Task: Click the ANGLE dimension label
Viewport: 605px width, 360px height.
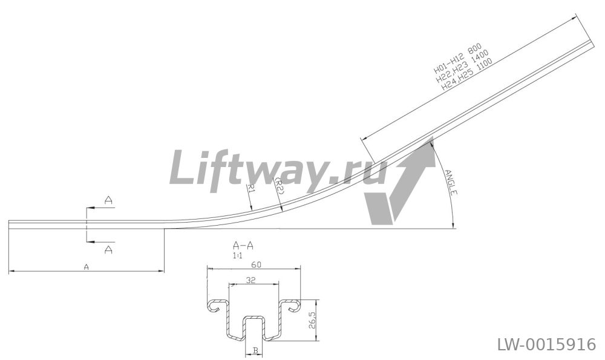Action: (x=451, y=182)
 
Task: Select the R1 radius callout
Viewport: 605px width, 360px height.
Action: (x=251, y=188)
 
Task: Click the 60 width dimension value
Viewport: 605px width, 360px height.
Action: (x=255, y=264)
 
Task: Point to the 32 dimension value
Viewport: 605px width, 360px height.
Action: (x=251, y=281)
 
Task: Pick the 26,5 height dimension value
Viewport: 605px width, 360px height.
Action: (x=313, y=320)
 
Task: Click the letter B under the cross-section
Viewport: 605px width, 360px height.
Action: (x=255, y=350)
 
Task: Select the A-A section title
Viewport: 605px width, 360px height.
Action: (x=243, y=246)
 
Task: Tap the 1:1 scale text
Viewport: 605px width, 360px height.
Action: (x=238, y=255)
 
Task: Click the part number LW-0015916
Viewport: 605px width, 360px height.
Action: (x=546, y=344)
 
